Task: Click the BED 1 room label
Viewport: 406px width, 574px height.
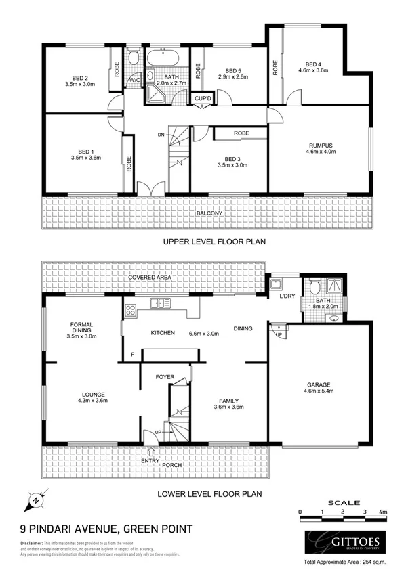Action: pyautogui.click(x=85, y=152)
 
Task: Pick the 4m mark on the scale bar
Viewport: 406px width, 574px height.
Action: pyautogui.click(x=384, y=512)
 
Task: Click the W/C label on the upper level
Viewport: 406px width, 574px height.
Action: pyautogui.click(x=134, y=78)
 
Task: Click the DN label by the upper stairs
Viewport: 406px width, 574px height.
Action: pyautogui.click(x=161, y=135)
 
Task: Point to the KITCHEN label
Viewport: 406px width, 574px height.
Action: pyautogui.click(x=163, y=333)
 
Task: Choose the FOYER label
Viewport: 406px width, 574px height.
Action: pyautogui.click(x=165, y=376)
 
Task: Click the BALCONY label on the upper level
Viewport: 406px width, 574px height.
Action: pyautogui.click(x=209, y=214)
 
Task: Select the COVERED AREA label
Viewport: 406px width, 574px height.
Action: pyautogui.click(x=152, y=278)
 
